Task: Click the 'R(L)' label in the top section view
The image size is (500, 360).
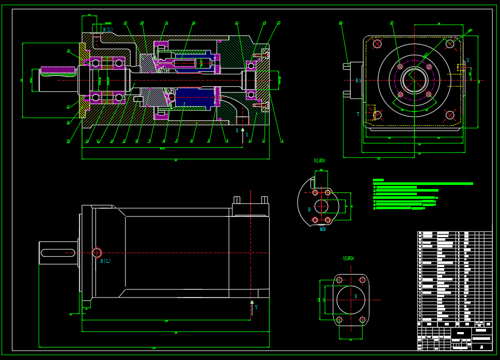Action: tap(107, 30)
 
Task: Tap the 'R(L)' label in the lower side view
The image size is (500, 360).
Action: tap(105, 261)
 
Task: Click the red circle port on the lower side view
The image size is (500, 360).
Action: tap(97, 253)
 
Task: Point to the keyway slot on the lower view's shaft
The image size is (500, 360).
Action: tap(57, 253)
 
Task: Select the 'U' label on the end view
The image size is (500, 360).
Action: tap(468, 60)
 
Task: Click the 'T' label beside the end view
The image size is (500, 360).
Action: tap(358, 114)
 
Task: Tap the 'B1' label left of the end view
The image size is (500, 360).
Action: tap(358, 81)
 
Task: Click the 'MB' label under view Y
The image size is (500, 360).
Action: tap(323, 229)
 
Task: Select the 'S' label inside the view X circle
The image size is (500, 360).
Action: tap(355, 296)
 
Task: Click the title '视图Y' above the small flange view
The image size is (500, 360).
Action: tap(320, 161)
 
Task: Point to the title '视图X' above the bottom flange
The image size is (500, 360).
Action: tap(349, 258)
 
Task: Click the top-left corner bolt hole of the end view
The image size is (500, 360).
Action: tap(377, 44)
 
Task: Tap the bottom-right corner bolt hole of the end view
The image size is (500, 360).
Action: tap(450, 115)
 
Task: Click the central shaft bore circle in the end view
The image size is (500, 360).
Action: tap(414, 80)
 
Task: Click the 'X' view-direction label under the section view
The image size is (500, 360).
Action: tap(247, 135)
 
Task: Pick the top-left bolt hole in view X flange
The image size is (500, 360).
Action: tap(339, 280)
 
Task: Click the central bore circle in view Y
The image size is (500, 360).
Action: tap(321, 206)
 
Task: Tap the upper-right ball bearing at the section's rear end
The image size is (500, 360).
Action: tap(251, 66)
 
